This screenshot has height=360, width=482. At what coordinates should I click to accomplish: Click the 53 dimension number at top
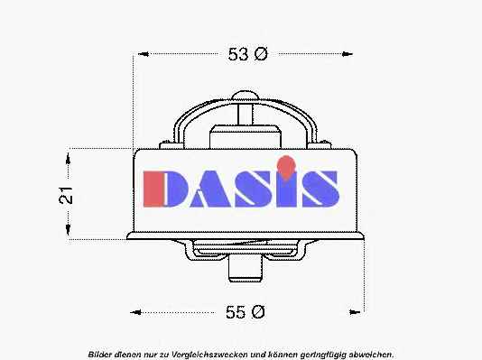[238, 54]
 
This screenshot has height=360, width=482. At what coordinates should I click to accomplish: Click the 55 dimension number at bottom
[236, 312]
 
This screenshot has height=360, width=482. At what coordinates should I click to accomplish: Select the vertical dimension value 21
[66, 195]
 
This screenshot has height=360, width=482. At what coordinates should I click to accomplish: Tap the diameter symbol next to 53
[261, 54]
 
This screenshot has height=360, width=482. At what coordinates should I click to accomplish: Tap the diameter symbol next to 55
[258, 312]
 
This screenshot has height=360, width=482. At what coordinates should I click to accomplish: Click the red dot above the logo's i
[286, 167]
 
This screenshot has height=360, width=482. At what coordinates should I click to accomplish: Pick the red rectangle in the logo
[153, 189]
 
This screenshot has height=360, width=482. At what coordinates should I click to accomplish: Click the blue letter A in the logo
[210, 189]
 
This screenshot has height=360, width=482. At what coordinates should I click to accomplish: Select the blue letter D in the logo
[176, 189]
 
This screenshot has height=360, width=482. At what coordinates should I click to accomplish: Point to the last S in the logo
[320, 189]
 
